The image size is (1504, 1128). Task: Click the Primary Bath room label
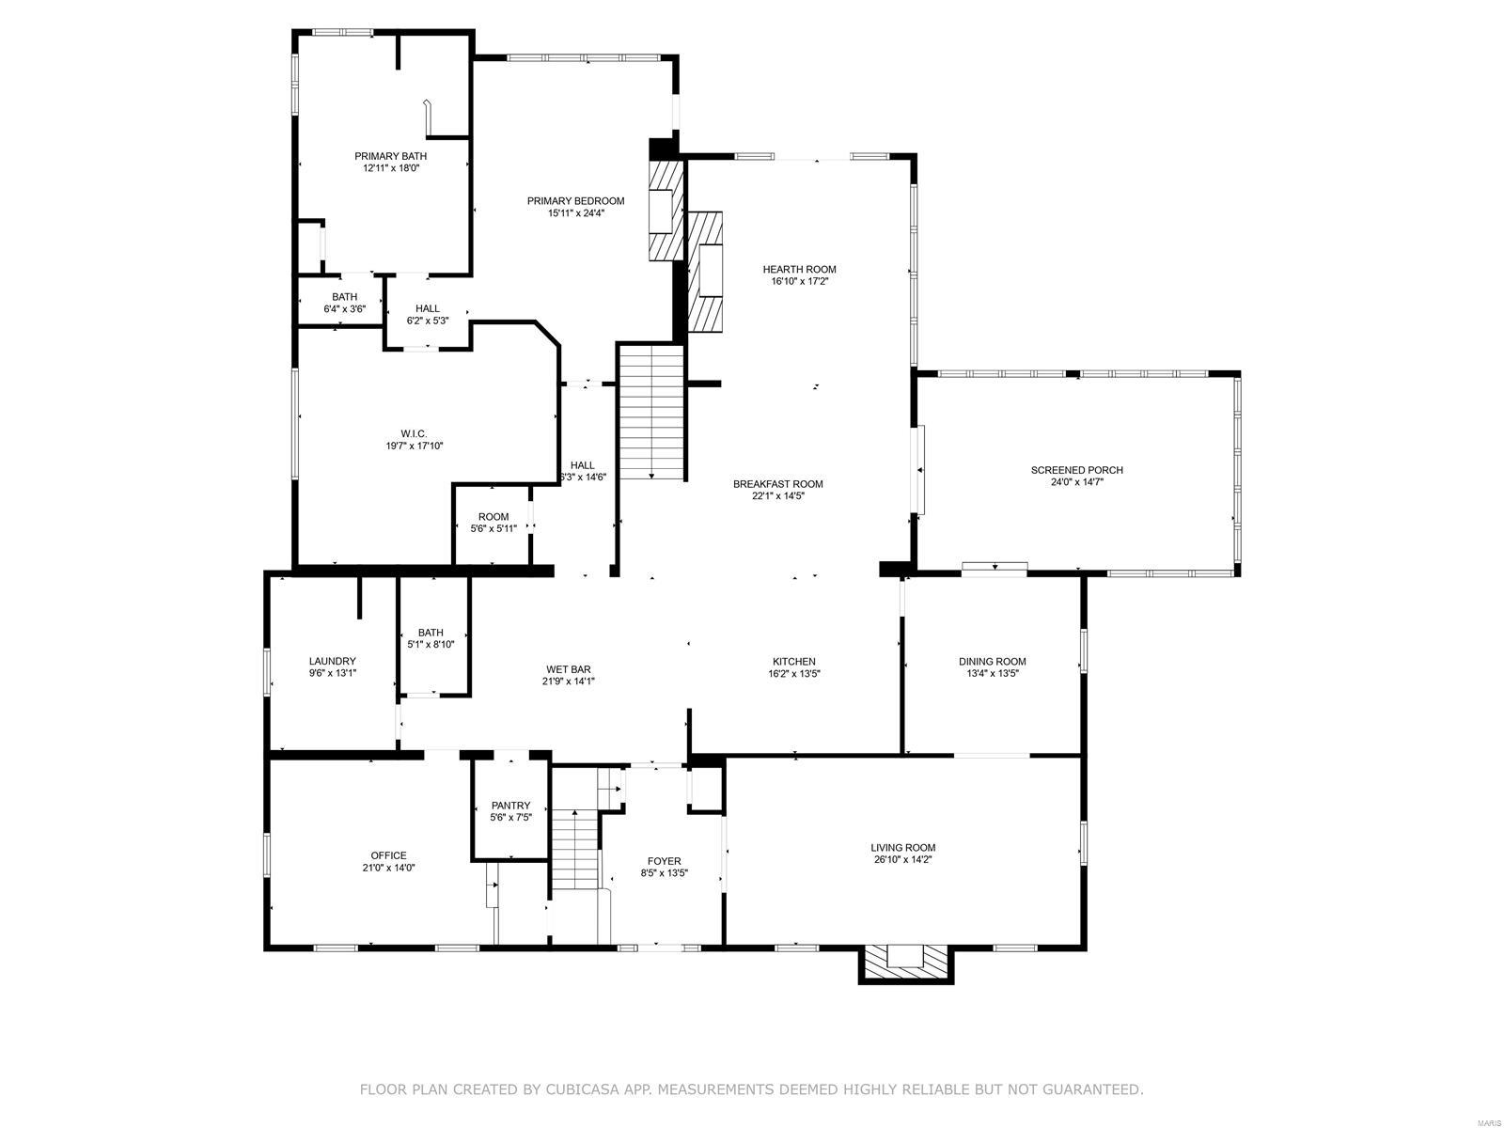coord(390,156)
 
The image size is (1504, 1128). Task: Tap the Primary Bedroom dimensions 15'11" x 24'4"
coord(575,213)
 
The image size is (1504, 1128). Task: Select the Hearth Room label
coord(799,269)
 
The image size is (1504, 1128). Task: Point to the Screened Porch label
coord(1076,470)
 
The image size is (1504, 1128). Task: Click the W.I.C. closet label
coord(414,433)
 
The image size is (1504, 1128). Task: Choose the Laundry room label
coord(332,661)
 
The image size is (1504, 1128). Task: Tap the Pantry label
coord(510,806)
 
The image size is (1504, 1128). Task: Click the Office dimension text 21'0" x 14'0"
coord(388,869)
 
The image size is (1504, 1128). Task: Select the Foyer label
coord(664,861)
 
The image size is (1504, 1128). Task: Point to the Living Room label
coord(902,847)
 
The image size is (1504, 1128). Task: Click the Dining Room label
coord(992,661)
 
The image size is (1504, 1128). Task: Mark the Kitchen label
coord(794,661)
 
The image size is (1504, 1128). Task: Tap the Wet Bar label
coord(568,669)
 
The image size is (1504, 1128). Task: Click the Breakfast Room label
coord(777,484)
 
